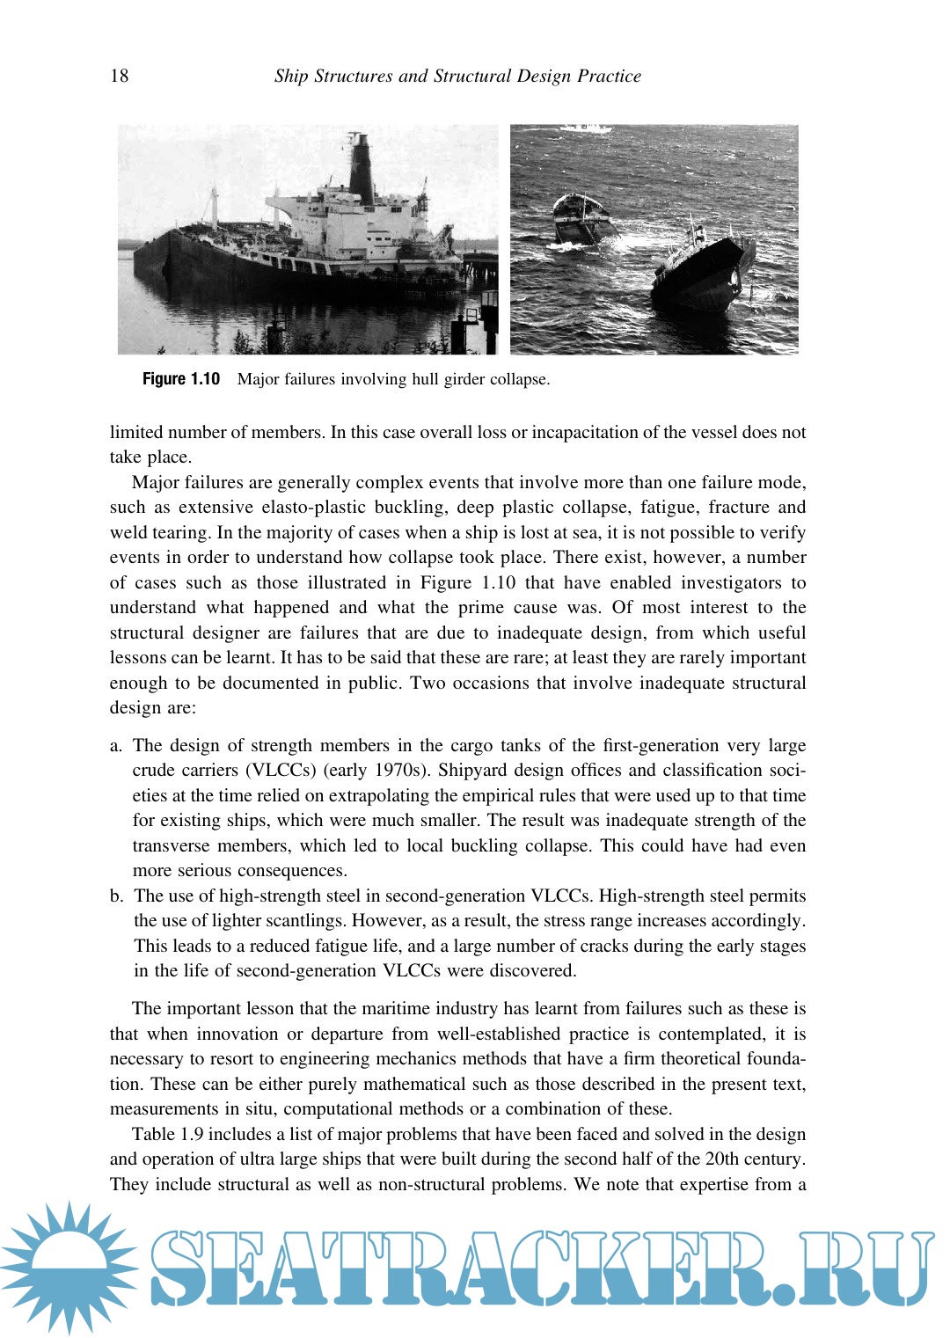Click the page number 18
click(120, 76)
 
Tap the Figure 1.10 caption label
click(181, 379)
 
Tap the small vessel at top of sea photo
click(587, 128)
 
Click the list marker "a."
click(116, 745)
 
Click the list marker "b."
click(117, 896)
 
